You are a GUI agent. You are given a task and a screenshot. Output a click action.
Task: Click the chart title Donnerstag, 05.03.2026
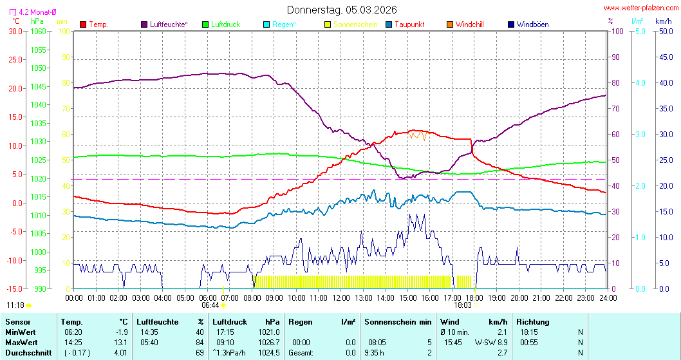pyautogui.click(x=342, y=10)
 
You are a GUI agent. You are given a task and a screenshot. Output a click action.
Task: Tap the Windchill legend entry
pyautogui.click(x=469, y=24)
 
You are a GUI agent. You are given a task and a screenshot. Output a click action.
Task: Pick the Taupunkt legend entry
pyautogui.click(x=409, y=24)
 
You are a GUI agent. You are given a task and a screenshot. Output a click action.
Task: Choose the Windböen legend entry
pyautogui.click(x=532, y=24)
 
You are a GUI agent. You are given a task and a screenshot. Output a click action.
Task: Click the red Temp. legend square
pyautogui.click(x=83, y=24)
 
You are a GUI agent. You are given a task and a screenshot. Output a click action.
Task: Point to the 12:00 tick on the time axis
pyautogui.click(x=340, y=298)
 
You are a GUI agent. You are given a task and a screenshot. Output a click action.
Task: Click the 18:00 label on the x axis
pyautogui.click(x=474, y=298)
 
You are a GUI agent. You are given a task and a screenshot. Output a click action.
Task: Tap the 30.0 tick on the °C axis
pyautogui.click(x=14, y=31)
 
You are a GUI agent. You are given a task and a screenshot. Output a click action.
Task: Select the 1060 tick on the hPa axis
pyautogui.click(x=39, y=31)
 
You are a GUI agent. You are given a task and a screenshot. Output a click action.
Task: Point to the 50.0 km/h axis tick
pyautogui.click(x=664, y=31)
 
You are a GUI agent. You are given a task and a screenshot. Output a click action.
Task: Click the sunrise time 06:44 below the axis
pyautogui.click(x=210, y=305)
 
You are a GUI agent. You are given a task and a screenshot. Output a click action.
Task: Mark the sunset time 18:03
pyautogui.click(x=462, y=305)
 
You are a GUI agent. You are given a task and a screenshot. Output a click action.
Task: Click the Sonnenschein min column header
pyautogui.click(x=398, y=321)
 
